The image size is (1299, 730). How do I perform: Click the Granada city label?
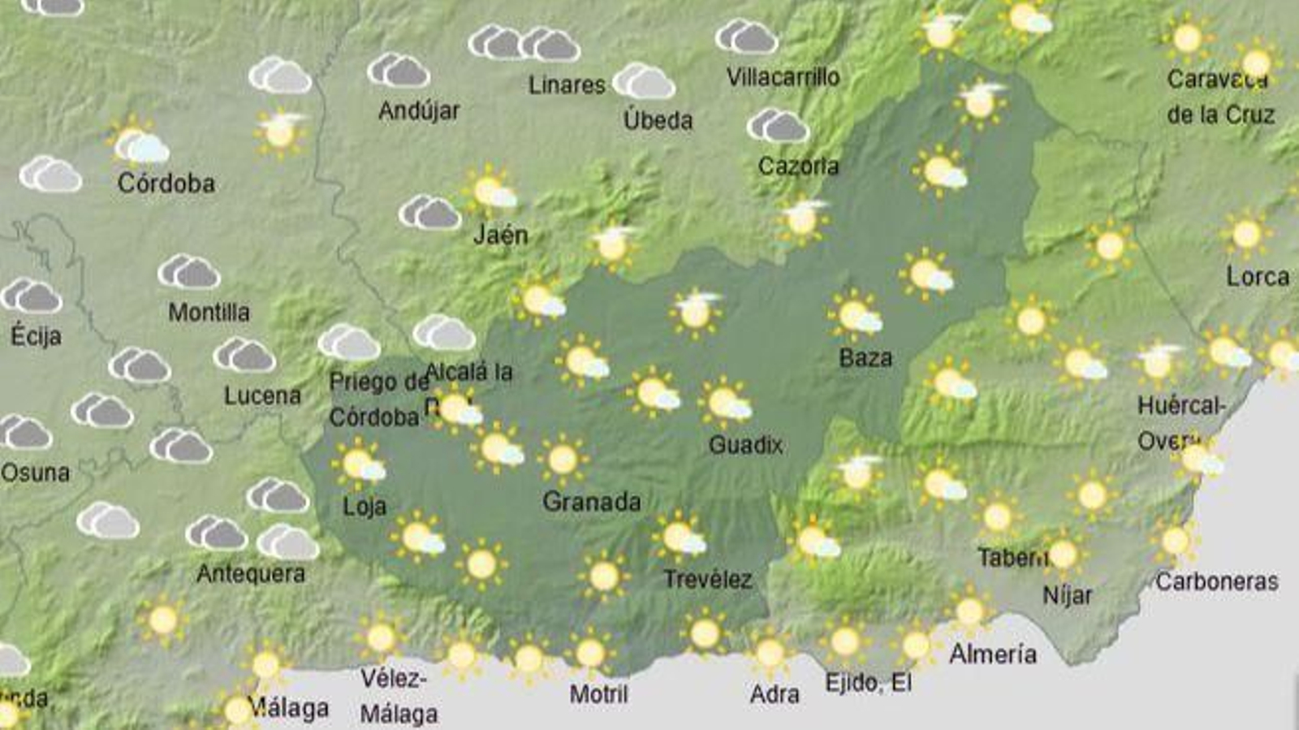[x=591, y=501]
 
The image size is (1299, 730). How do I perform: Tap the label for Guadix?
[x=745, y=444]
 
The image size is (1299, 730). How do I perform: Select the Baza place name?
[x=865, y=357]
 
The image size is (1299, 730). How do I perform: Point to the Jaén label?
[x=500, y=235]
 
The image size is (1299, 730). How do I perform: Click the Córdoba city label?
[x=166, y=183]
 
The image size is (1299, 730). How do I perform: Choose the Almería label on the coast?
[x=992, y=654]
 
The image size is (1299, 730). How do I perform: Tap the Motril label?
[x=598, y=693]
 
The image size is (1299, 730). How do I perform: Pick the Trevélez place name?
[x=707, y=579]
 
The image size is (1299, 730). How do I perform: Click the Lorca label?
[x=1257, y=277]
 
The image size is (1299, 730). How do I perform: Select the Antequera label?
[x=251, y=573]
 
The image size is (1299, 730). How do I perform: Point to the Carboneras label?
[x=1216, y=581]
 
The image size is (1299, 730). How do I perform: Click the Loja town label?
[x=364, y=507]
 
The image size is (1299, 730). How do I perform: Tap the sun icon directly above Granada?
[x=563, y=460]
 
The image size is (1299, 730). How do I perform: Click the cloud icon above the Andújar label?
[x=398, y=71]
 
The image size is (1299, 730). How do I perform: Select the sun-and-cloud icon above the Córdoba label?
[x=139, y=144]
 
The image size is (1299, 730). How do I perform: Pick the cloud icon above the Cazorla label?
[x=778, y=126]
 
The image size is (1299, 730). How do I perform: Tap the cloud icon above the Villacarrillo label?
[x=746, y=37]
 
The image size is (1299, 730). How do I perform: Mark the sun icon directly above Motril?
[x=590, y=652]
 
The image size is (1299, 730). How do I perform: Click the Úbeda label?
[x=658, y=120]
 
